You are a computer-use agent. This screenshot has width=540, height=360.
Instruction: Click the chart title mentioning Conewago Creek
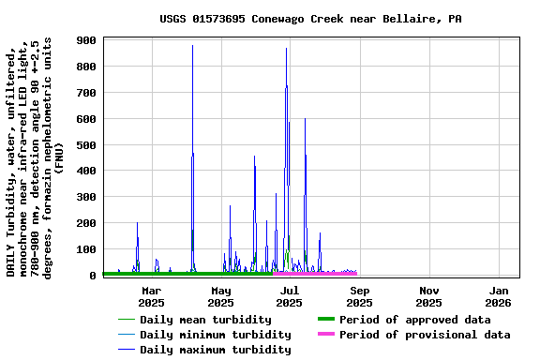click(x=309, y=19)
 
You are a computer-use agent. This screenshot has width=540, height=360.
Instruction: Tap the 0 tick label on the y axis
click(x=94, y=276)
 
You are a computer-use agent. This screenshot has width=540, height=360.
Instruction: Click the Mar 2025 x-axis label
click(x=151, y=296)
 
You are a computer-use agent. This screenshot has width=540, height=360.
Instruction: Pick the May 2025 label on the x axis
click(x=220, y=296)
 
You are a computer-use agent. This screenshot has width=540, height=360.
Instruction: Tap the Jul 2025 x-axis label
click(x=290, y=296)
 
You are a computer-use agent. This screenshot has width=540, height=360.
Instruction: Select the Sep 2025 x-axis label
click(x=359, y=296)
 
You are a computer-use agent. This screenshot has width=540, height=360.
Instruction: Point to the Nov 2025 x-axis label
click(x=428, y=296)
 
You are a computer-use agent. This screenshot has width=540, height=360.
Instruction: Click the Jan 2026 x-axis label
click(x=498, y=296)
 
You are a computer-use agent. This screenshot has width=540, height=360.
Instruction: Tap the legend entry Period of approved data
click(x=414, y=320)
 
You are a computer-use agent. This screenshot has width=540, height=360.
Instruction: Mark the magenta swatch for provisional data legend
click(x=325, y=335)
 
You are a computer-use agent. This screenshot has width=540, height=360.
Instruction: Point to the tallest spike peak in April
click(x=192, y=46)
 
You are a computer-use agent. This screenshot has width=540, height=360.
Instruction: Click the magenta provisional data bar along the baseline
click(x=319, y=273)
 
